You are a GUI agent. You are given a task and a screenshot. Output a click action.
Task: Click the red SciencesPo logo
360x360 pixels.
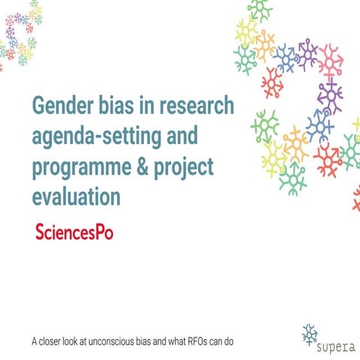pos(74,230)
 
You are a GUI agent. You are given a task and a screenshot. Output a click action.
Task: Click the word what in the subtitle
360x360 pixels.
pos(181,341)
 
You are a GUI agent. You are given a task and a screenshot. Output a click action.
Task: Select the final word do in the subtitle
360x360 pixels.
pos(237,341)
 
